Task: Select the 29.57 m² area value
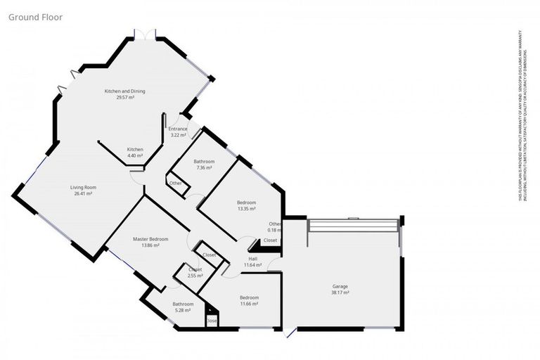[x=125, y=98]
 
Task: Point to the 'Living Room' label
[x=83, y=187]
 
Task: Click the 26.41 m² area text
[x=83, y=193]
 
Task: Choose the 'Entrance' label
[x=178, y=129]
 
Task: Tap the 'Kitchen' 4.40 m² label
[x=135, y=150]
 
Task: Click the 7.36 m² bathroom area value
[x=205, y=168]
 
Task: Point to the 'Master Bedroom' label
[x=150, y=239]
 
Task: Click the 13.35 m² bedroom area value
[x=246, y=209]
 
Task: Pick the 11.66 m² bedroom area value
[x=249, y=304]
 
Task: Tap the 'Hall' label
[x=252, y=258]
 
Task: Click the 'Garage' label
[x=340, y=286]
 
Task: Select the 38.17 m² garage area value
[x=340, y=292]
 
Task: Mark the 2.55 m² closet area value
[x=195, y=276]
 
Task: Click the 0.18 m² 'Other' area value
[x=275, y=230]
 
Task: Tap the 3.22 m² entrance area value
[x=178, y=135]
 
